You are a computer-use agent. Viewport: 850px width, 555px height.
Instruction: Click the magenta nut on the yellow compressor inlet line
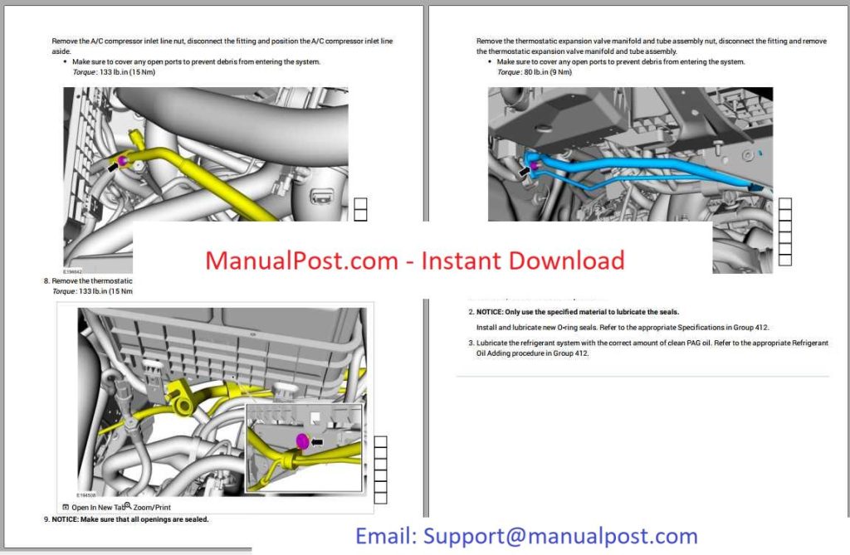click(x=122, y=160)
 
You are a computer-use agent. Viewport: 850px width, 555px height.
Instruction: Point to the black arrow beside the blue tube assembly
click(x=523, y=172)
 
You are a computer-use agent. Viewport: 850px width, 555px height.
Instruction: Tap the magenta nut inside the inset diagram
click(x=302, y=442)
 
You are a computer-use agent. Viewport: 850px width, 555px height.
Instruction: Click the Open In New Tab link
click(x=97, y=507)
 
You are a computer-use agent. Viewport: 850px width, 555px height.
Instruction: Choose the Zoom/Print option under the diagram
click(x=152, y=507)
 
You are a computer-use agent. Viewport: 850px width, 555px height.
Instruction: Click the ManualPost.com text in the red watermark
click(x=302, y=260)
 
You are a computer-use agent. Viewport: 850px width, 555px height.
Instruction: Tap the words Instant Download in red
click(x=523, y=260)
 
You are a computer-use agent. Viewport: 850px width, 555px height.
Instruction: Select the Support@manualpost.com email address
click(x=560, y=536)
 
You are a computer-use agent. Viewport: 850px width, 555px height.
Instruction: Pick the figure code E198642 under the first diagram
click(x=74, y=271)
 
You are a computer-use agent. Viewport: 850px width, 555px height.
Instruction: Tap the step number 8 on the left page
click(x=46, y=281)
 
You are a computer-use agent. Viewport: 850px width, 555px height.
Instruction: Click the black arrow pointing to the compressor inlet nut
click(x=112, y=167)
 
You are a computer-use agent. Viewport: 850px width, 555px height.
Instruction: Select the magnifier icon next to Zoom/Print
click(x=128, y=505)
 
